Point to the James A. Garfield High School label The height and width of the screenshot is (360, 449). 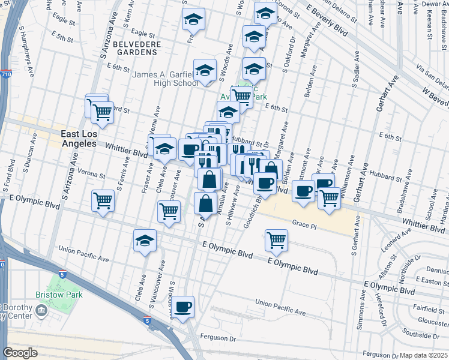(165, 79)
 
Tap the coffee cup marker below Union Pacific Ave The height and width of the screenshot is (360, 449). (183, 307)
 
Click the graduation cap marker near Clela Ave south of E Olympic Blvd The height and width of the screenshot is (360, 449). (145, 241)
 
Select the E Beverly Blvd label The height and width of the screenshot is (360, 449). (327, 19)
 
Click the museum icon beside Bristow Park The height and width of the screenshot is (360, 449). (41, 310)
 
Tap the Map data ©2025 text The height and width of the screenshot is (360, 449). (424, 355)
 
